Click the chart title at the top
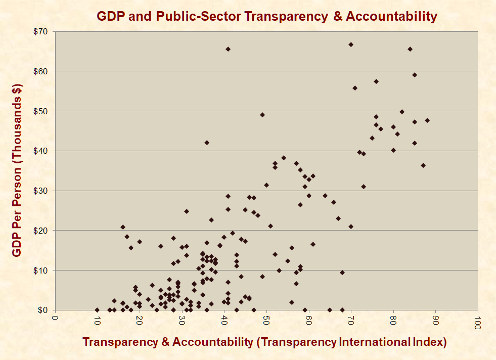pyautogui.click(x=267, y=16)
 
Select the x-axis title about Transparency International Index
pyautogui.click(x=264, y=342)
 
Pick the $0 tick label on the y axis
pyautogui.click(x=43, y=310)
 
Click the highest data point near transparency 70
pyautogui.click(x=351, y=44)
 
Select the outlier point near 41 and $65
pyautogui.click(x=228, y=49)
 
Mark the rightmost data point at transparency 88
pyautogui.click(x=427, y=120)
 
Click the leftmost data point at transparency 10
pyautogui.click(x=97, y=310)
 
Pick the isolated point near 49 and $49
pyautogui.click(x=262, y=115)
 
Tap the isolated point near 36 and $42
pyautogui.click(x=207, y=143)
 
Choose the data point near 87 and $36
pyautogui.click(x=423, y=165)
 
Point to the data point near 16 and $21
pyautogui.click(x=123, y=227)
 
